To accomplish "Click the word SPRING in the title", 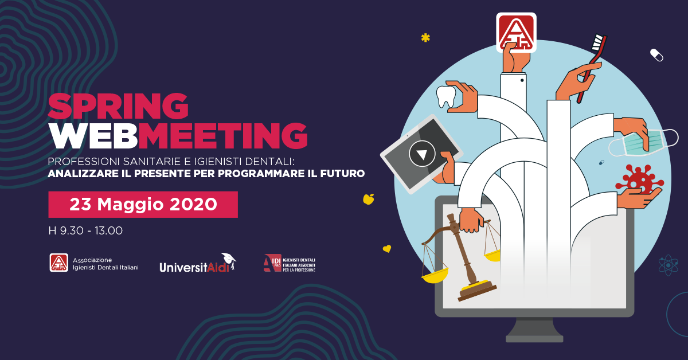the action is click(118, 106).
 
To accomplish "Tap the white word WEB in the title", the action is click(93, 136).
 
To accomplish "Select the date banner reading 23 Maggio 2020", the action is click(143, 205).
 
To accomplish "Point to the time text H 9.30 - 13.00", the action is click(85, 230).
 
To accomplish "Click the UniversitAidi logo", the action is click(198, 263).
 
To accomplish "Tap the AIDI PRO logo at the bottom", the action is click(290, 263).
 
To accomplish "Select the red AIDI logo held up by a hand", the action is click(517, 32).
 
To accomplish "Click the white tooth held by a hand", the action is click(446, 96).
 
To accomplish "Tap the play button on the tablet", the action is click(422, 154).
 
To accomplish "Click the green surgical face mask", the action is click(643, 143).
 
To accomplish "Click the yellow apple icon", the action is click(368, 199).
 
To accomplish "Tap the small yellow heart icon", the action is click(387, 248).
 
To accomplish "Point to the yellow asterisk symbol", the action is click(425, 38).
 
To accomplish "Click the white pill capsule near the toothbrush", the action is click(656, 55).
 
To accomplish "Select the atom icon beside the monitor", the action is click(668, 264).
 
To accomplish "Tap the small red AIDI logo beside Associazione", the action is click(59, 263).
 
